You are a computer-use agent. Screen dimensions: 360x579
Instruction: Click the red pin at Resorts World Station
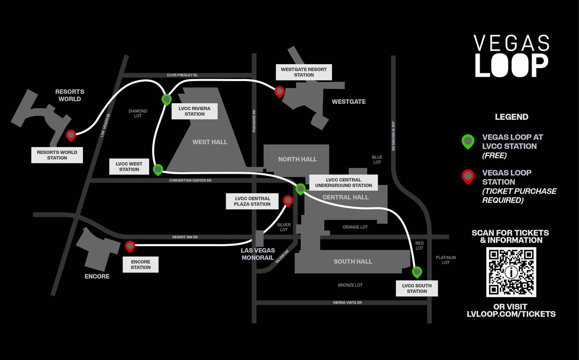pos(71,135)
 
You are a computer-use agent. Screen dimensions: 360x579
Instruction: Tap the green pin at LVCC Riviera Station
pos(166,99)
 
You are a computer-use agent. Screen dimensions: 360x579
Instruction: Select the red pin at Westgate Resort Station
pos(279,91)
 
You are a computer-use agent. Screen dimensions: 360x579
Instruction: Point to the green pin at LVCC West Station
pos(158,169)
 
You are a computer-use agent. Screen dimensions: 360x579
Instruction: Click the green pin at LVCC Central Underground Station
pos(300,188)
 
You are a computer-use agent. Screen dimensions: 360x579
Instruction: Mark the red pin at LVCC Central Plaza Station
pos(288,200)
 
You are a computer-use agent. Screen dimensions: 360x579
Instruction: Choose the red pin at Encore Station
pos(130,246)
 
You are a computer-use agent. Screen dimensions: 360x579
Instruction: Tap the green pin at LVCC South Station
pos(416,272)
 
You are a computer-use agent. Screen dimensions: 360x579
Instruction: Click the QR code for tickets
pos(511,272)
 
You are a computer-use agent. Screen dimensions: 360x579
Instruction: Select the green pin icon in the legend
pos(468,141)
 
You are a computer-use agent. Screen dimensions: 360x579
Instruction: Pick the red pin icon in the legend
pos(468,177)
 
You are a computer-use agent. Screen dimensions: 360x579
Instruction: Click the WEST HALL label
pos(209,142)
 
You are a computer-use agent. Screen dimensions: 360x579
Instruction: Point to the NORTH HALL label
pos(297,159)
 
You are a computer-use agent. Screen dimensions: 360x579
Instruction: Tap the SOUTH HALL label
pos(353,262)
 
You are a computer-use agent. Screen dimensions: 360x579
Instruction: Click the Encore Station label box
pos(140,264)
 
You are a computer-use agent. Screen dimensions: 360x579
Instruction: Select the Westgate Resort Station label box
pos(303,72)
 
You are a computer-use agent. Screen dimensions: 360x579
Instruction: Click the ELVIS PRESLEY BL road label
pos(182,75)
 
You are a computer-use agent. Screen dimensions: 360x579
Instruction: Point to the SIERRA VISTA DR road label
pos(347,303)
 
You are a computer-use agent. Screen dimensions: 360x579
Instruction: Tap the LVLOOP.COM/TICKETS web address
pos(511,314)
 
